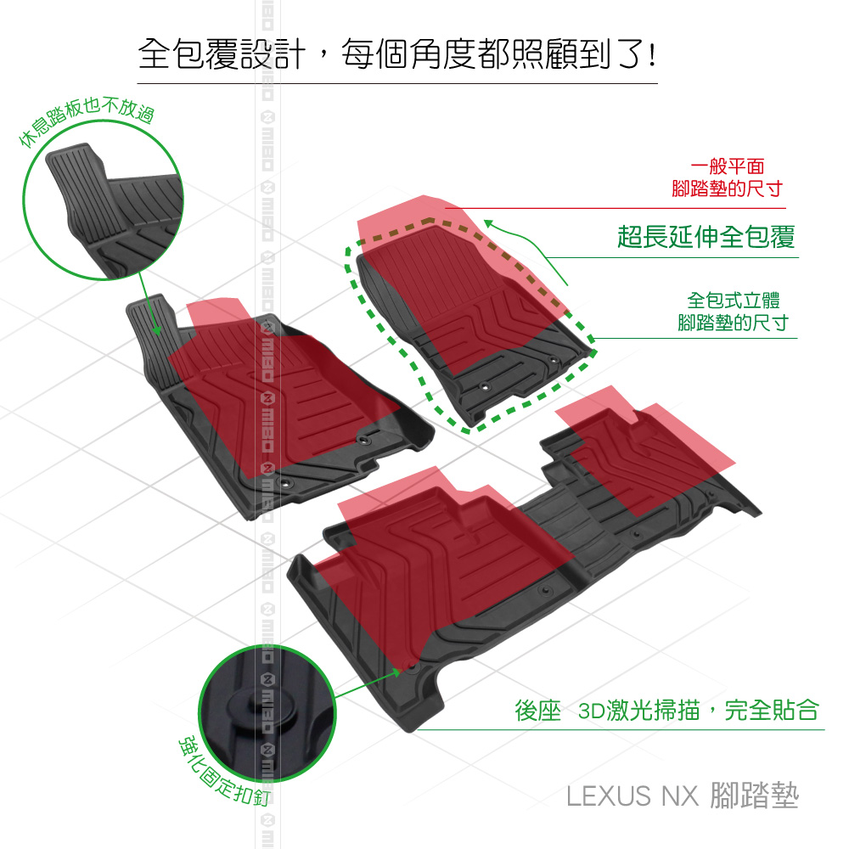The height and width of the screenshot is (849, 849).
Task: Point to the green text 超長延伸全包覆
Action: click(706, 237)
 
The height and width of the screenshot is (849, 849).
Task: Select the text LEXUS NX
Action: click(632, 796)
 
